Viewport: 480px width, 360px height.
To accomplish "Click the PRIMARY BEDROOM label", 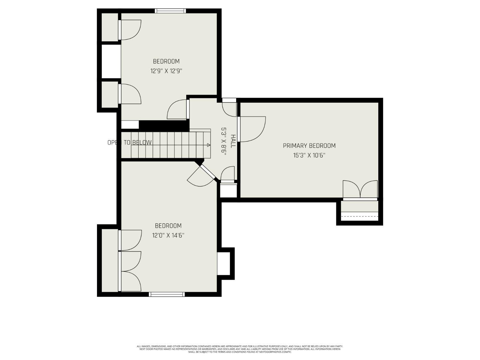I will (x=309, y=146).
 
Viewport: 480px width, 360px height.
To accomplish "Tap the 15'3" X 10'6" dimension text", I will (x=309, y=156).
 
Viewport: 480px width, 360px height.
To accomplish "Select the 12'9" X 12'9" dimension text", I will (x=166, y=71).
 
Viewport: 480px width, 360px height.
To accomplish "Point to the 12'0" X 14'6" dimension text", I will (x=168, y=236).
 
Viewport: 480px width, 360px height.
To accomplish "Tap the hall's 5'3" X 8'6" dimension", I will (x=224, y=141).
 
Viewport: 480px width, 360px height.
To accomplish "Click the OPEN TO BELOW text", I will (x=129, y=143).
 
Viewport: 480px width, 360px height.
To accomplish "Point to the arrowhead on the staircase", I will (x=208, y=145).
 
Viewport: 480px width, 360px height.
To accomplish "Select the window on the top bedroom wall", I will (x=170, y=11).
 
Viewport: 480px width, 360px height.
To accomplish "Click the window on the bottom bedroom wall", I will (x=167, y=294).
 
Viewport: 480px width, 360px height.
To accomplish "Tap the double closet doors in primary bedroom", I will (x=360, y=190).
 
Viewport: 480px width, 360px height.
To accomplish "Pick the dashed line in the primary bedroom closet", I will (x=360, y=217).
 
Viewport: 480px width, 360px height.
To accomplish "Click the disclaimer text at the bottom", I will (x=240, y=349).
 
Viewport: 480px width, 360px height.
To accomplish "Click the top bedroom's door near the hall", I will (x=177, y=110).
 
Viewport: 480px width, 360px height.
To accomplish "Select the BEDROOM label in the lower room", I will (x=168, y=226).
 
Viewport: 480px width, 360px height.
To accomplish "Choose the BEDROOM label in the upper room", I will (x=166, y=61).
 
